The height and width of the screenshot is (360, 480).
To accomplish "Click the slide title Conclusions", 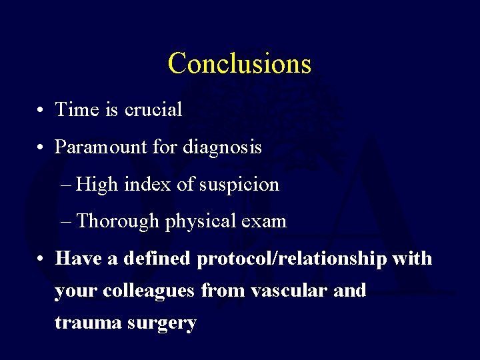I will click(x=239, y=63).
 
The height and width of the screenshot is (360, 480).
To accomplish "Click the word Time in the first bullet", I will click(x=77, y=109).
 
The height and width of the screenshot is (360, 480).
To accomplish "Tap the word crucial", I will click(x=153, y=109).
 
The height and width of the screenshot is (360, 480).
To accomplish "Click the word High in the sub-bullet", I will click(x=97, y=184).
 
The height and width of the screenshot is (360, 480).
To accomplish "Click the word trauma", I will click(x=83, y=323).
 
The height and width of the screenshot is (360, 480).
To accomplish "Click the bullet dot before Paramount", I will click(x=41, y=147).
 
